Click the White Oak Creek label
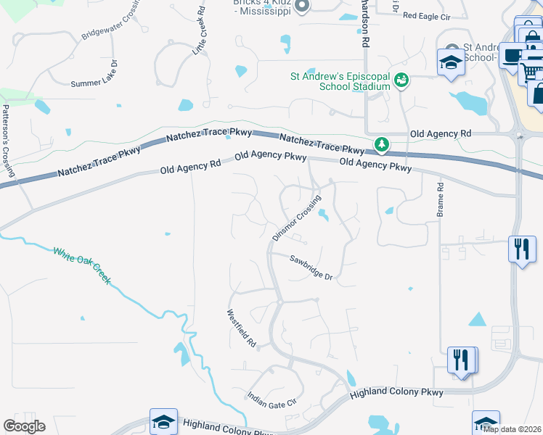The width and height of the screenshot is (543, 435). click(82, 266)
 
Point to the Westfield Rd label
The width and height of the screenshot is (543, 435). click(242, 328)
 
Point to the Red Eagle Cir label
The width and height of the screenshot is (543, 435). click(426, 15)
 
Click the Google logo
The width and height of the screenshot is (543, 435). click(24, 426)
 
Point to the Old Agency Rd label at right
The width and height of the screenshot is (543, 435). click(441, 134)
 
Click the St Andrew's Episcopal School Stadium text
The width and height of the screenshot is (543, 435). click(340, 80)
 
